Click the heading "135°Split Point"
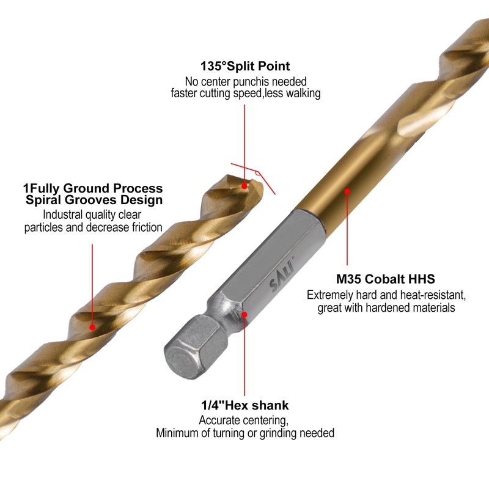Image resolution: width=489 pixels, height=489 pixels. [244, 66]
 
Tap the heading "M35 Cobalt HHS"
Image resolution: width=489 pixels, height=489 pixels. [388, 279]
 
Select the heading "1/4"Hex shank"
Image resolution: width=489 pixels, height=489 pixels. [244, 405]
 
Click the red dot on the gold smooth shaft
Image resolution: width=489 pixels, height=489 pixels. [347, 191]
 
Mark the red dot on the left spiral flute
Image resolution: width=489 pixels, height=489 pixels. [92, 327]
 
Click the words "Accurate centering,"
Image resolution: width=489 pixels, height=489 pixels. [244, 421]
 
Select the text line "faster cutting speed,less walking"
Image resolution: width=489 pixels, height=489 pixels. [244, 94]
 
